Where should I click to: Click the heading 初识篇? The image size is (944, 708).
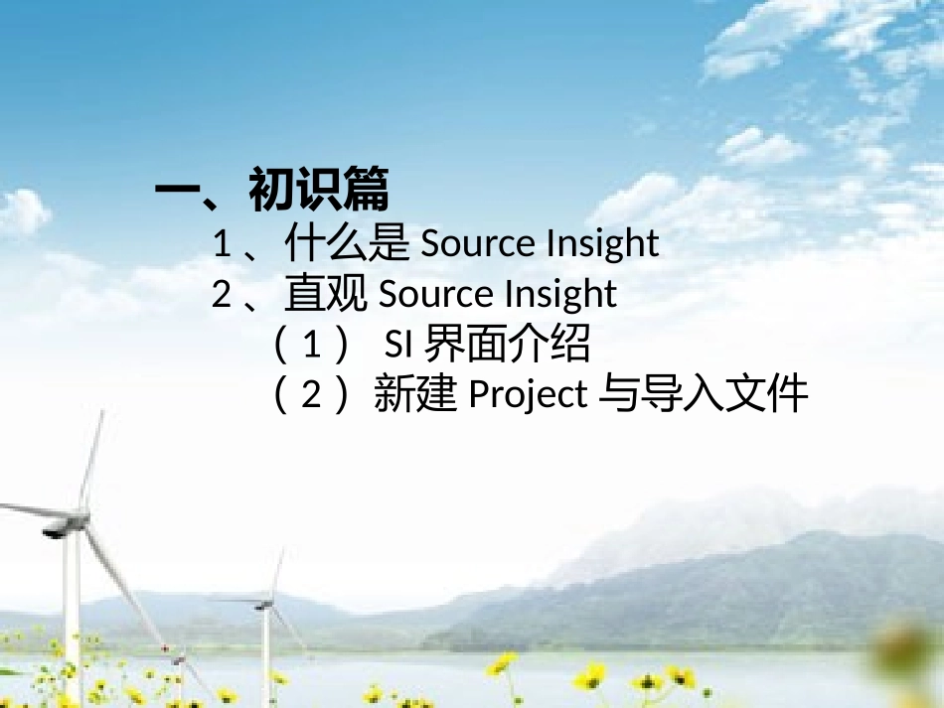318,189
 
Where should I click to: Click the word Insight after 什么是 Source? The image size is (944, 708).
602,244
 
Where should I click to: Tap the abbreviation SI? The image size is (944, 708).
398,346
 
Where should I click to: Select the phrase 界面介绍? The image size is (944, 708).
507,346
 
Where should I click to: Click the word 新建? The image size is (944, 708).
414,395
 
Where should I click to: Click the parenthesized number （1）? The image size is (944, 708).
312,346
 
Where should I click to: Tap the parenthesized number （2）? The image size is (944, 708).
312,395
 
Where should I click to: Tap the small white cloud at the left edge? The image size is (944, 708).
22,211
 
